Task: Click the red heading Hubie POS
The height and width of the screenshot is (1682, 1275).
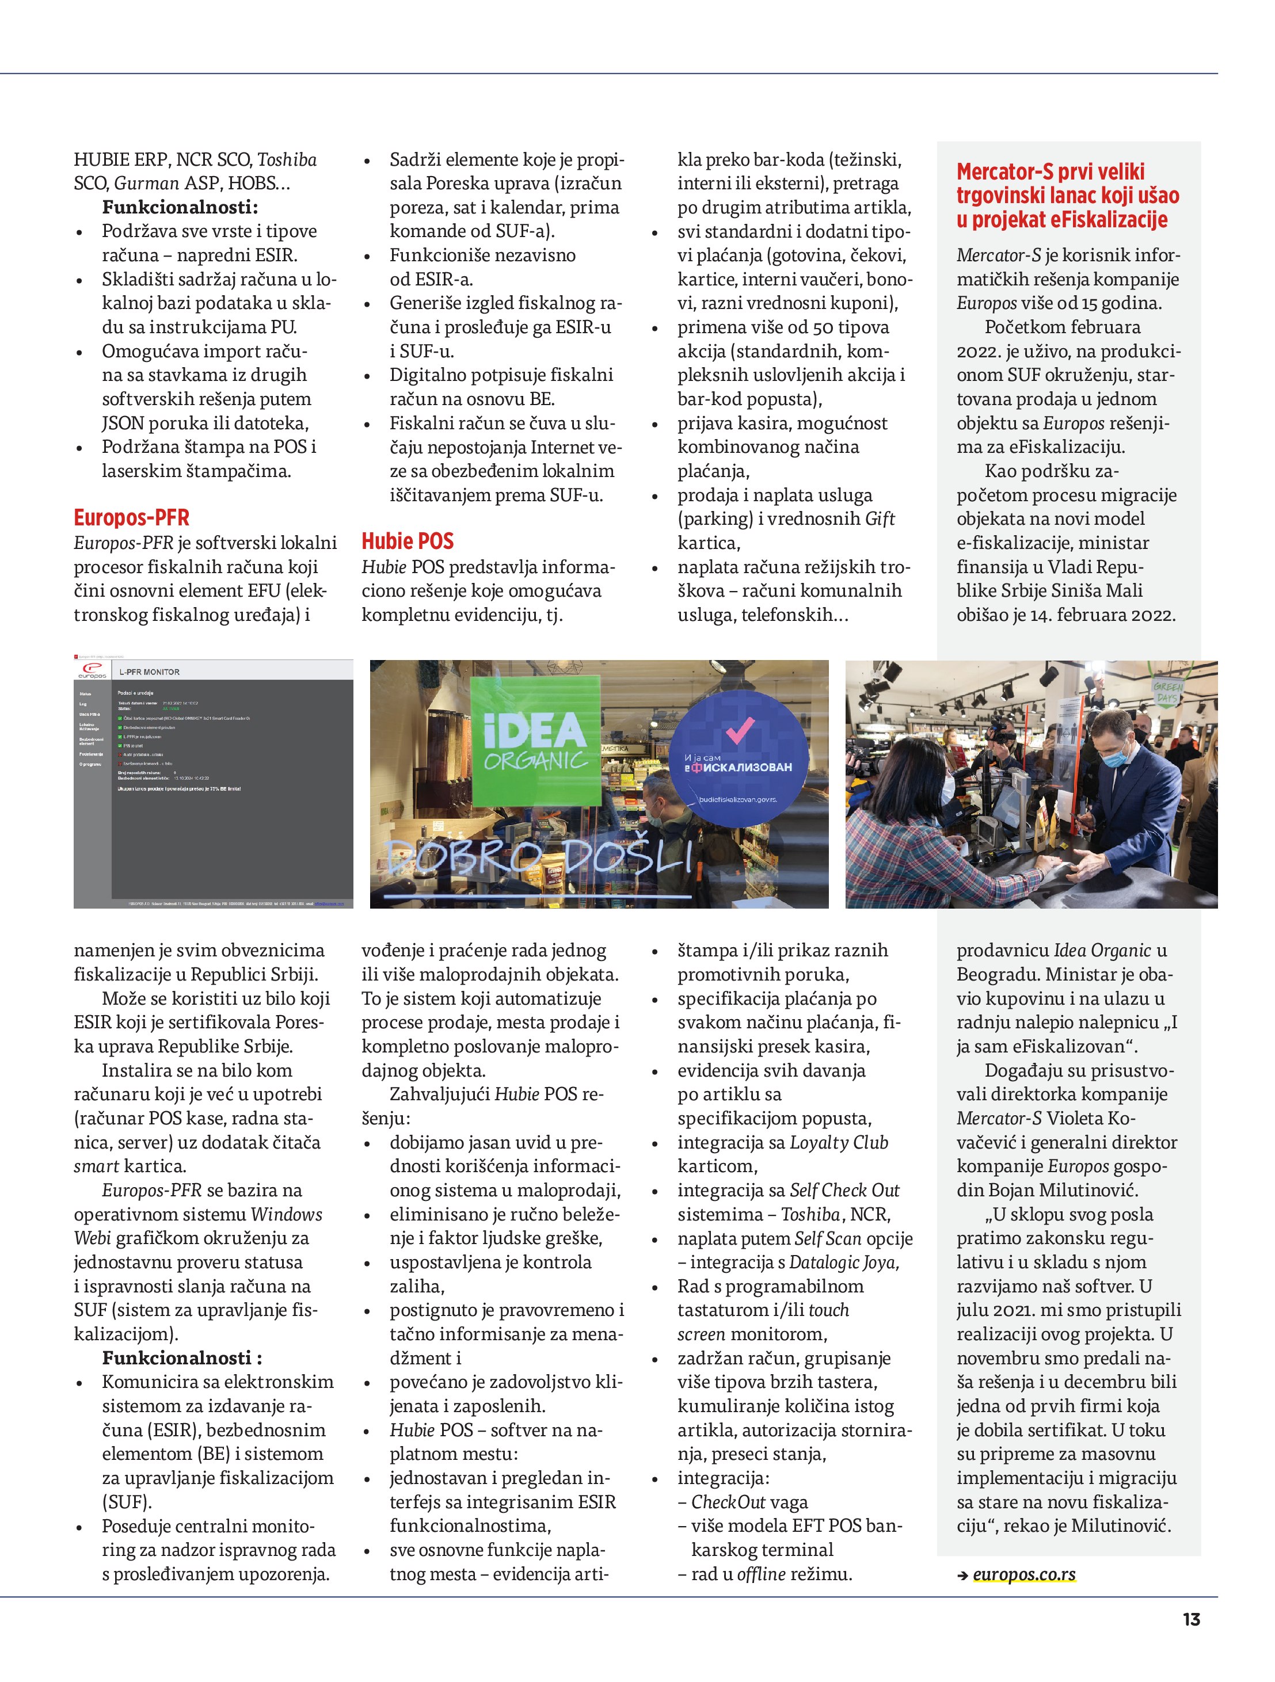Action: pyautogui.click(x=407, y=541)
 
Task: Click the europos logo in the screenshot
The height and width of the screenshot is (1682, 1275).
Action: pyautogui.click(x=92, y=671)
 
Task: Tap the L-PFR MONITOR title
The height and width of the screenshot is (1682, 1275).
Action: pyautogui.click(x=149, y=672)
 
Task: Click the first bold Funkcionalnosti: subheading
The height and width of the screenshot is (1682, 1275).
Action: pyautogui.click(x=180, y=207)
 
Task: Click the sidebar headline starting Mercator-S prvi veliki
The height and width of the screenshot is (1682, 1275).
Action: pyautogui.click(x=1067, y=196)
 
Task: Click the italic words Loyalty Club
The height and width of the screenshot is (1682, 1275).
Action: pyautogui.click(x=838, y=1142)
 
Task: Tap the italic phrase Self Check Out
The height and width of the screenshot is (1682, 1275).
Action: pyautogui.click(x=844, y=1190)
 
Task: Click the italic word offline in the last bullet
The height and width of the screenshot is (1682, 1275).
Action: pyautogui.click(x=761, y=1573)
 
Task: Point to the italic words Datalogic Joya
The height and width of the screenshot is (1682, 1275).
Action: pyautogui.click(x=844, y=1263)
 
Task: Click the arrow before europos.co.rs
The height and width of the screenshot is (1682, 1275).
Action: pyautogui.click(x=962, y=1576)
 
